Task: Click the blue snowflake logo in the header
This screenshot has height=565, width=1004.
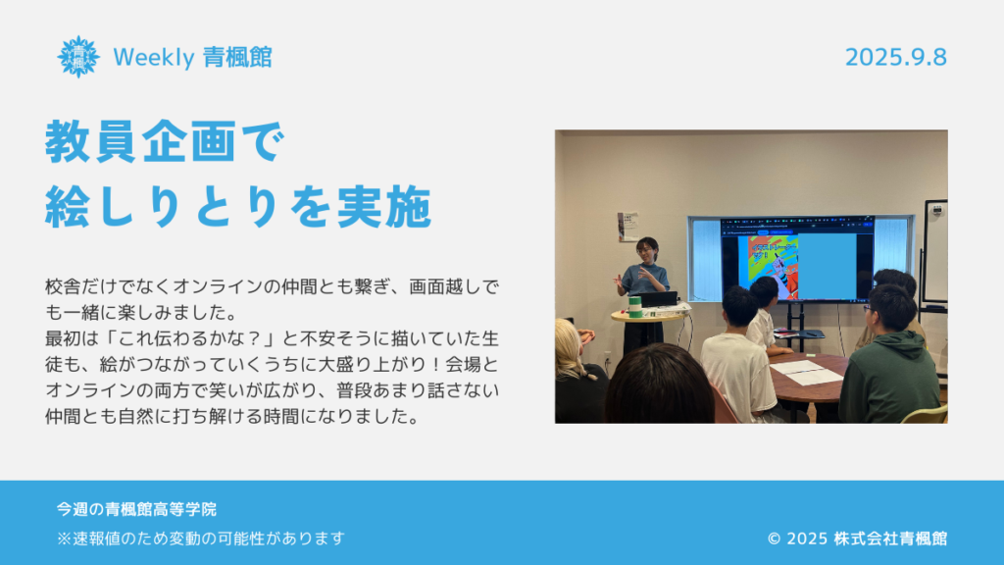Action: (x=78, y=57)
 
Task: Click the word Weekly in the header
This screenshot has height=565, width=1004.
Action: (x=154, y=58)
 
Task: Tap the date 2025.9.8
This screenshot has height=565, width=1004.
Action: (x=896, y=58)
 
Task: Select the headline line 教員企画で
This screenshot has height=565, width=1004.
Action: (x=165, y=141)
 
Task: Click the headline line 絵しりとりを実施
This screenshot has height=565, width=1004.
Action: (x=238, y=206)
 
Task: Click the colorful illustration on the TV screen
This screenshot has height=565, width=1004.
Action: (x=774, y=267)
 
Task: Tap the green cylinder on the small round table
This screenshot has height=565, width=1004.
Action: (x=634, y=306)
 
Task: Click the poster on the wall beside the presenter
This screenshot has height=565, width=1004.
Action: (x=627, y=228)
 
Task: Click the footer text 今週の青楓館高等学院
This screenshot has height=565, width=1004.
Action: (x=136, y=509)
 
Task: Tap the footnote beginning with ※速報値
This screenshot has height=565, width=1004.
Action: (x=201, y=539)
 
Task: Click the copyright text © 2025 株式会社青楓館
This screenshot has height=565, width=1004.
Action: (x=857, y=539)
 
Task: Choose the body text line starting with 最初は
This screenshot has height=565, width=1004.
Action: (x=272, y=338)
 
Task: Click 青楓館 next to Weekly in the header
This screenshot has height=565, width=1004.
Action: (x=237, y=58)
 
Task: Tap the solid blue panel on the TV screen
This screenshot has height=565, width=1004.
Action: (x=827, y=266)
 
